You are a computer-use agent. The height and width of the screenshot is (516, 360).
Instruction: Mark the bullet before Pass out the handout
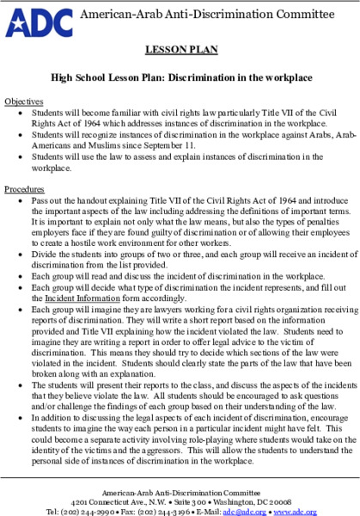pyautogui.click(x=20, y=200)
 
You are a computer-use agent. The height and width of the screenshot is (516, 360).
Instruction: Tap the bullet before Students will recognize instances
pyautogui.click(x=20, y=135)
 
